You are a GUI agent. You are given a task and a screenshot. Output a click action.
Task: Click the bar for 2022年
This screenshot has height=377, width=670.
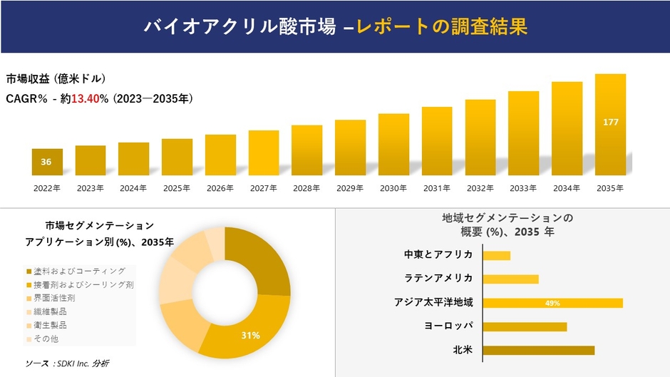tap(47, 162)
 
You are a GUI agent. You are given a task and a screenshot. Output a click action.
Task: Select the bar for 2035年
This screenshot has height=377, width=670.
tap(610, 125)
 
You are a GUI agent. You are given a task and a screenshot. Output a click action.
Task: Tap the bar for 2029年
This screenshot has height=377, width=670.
tap(350, 148)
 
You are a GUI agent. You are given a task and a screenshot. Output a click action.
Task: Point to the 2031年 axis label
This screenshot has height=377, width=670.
tap(437, 188)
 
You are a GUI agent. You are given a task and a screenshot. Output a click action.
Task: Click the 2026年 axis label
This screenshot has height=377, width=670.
tap(220, 188)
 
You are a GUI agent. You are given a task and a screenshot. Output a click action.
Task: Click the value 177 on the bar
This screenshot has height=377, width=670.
tap(610, 123)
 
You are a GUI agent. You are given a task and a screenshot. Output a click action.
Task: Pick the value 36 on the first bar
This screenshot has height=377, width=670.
tap(46, 162)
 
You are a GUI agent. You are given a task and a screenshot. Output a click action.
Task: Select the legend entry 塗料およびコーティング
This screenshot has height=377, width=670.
tap(80, 271)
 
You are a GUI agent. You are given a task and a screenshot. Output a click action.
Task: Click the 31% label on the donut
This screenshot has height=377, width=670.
tap(250, 335)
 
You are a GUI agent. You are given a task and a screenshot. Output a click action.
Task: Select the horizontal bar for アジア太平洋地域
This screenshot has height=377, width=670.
tap(552, 303)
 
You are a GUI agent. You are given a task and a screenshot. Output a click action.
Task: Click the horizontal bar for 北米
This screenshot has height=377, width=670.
tap(538, 350)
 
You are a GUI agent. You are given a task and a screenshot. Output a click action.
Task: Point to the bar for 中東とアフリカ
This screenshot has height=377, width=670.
tap(496, 255)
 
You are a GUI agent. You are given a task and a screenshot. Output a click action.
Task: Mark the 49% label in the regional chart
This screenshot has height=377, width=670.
tap(552, 303)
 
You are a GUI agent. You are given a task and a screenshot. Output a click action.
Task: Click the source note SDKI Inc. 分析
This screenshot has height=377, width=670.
tap(67, 363)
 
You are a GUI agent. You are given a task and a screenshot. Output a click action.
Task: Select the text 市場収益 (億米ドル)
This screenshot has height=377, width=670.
tap(56, 78)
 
